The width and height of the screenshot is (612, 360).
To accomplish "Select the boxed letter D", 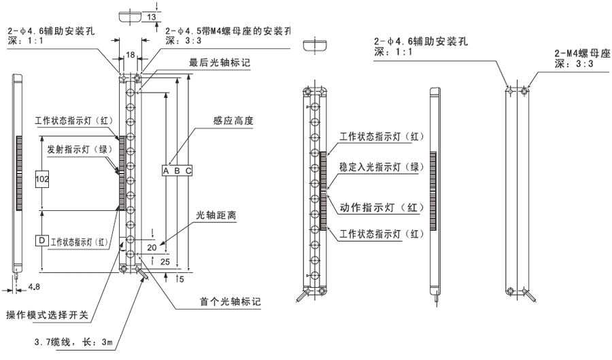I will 42,241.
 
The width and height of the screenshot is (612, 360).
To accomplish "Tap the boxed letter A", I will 165,170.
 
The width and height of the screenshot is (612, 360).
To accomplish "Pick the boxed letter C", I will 188,170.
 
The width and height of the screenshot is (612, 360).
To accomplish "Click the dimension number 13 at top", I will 151,16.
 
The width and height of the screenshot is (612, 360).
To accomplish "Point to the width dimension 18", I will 130,54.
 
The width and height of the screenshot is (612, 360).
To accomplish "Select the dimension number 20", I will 152,246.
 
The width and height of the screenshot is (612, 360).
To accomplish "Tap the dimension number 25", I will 165,261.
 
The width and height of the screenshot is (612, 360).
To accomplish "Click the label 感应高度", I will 233,120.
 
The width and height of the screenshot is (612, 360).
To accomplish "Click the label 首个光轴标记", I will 229,301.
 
